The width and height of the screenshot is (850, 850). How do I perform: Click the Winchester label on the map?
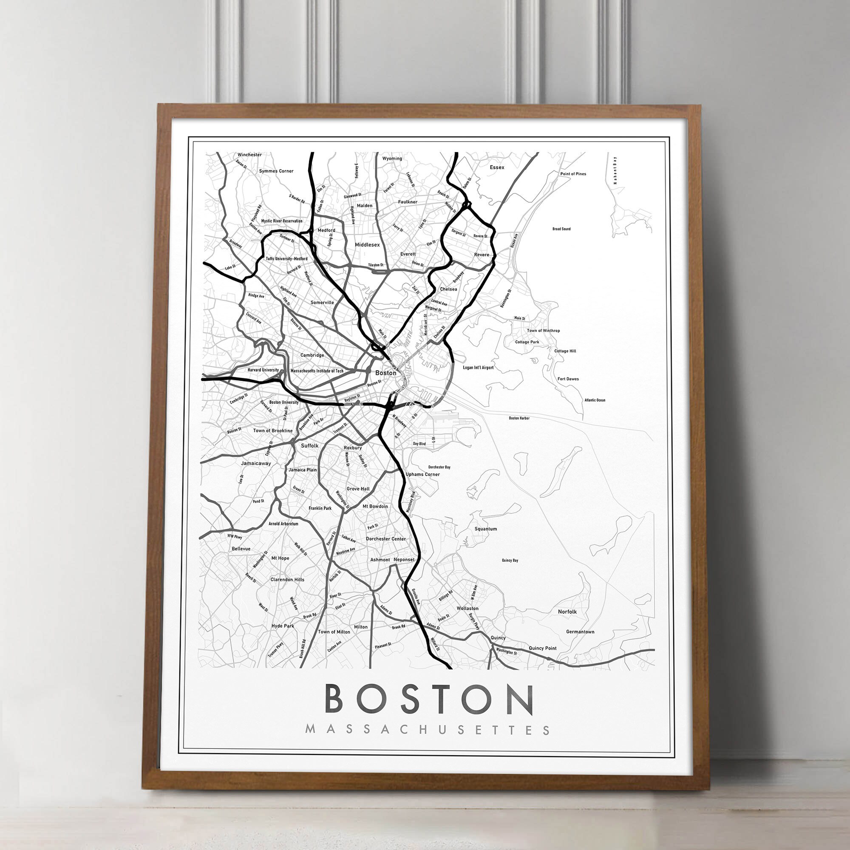(x=249, y=155)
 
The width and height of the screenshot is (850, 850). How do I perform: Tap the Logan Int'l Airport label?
(x=478, y=367)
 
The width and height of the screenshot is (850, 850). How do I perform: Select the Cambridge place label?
(x=312, y=355)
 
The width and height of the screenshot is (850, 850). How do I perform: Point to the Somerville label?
(x=322, y=303)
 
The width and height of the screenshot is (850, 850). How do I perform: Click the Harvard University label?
(x=263, y=370)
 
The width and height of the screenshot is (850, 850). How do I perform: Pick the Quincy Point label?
(x=542, y=648)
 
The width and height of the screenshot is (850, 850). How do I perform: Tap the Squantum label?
(x=486, y=529)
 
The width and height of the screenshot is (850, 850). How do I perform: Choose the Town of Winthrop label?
(x=543, y=330)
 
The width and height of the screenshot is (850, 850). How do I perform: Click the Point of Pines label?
(x=573, y=174)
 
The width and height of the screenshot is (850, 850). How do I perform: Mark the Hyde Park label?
(x=283, y=626)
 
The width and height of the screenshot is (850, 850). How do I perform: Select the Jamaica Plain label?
(x=302, y=470)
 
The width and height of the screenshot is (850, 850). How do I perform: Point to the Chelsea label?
(x=448, y=289)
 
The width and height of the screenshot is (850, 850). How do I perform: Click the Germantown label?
(x=580, y=632)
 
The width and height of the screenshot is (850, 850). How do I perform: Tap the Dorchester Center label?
(x=386, y=538)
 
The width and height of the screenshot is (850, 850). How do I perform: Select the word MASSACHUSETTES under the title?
(x=427, y=730)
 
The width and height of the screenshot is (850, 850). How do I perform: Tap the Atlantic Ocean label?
(x=595, y=400)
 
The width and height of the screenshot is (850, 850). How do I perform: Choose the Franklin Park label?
(x=320, y=508)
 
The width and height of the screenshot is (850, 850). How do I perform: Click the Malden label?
(x=364, y=205)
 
